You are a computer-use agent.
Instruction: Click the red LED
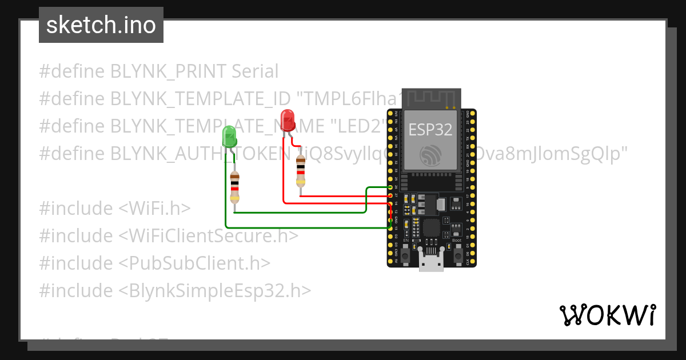[x=288, y=121]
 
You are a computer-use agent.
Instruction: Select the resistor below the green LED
[x=234, y=187]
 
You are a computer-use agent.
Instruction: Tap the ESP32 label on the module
[x=430, y=130]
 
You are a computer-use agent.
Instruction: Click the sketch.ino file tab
[x=101, y=26]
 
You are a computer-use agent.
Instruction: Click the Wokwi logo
[x=607, y=315]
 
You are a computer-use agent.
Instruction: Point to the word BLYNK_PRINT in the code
[x=169, y=71]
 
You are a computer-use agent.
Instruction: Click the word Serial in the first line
[x=255, y=71]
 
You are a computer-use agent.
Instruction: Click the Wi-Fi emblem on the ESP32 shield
[x=430, y=155]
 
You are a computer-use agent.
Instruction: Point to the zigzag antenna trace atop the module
[x=431, y=98]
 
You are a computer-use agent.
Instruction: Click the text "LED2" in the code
[x=354, y=126]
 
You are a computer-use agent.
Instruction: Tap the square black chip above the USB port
[x=432, y=228]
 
